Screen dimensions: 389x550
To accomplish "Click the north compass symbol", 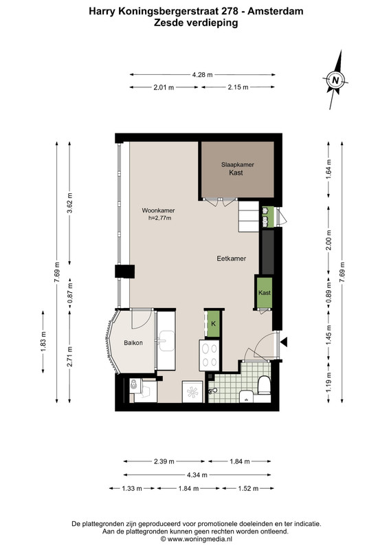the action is coord(335,80).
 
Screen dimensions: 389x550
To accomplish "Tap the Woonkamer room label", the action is coord(158,210).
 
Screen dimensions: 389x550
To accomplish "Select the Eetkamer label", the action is coord(231,258).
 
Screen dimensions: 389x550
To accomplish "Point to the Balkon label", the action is coord(133,342).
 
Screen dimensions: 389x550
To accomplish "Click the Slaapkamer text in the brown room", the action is coord(238,164).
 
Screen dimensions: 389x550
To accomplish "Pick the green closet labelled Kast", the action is coord(265,293).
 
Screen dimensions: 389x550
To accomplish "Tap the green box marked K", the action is coord(213,324).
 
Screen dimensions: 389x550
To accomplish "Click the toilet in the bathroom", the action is coord(264,386).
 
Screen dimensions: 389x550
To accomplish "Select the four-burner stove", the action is coord(209,355).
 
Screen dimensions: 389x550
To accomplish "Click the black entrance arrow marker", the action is coord(283,342).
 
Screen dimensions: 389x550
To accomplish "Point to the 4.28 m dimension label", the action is coord(202,74).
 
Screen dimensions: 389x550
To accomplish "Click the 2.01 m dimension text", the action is coord(164,87).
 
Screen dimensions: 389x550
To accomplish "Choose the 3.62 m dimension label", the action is coord(70,203).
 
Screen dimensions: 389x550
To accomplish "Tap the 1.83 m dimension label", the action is coord(43,342).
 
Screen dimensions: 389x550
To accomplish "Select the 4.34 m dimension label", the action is coord(197,475).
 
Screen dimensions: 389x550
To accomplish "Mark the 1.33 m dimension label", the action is coord(132,488).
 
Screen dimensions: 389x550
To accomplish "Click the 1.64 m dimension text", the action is coord(329,169).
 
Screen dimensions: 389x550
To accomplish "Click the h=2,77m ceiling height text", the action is coord(159,218).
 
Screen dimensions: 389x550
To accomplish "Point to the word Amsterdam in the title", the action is coord(276,11).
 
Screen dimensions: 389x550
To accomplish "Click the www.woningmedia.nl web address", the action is coord(199,539).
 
